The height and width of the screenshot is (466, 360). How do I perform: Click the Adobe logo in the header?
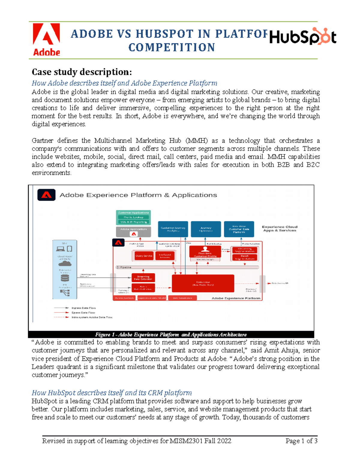tap(46, 40)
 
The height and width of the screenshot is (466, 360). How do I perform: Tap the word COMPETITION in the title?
tap(172, 47)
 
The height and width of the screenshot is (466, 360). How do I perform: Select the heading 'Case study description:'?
tap(82, 72)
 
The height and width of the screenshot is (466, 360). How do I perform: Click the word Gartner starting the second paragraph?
tap(43, 141)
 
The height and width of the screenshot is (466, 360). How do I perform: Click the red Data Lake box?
tap(203, 283)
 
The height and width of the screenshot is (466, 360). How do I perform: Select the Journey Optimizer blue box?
tap(206, 229)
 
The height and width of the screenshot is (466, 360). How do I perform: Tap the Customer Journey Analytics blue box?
tap(173, 229)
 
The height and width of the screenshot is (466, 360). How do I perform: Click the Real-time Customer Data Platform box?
tap(239, 229)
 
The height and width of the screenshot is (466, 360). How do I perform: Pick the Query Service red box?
tap(144, 256)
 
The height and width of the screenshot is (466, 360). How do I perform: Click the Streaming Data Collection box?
tap(143, 278)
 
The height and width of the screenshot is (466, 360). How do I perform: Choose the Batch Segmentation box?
tap(244, 257)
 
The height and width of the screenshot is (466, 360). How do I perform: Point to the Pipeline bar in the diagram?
tap(187, 267)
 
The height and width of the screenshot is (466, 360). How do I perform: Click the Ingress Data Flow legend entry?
tap(83, 308)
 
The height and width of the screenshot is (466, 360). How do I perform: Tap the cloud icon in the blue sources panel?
tap(65, 264)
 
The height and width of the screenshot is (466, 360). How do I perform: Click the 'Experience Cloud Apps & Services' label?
tap(280, 229)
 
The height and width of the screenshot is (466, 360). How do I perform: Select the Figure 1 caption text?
tap(171, 335)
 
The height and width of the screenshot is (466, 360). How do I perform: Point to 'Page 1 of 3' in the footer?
tap(301, 441)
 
